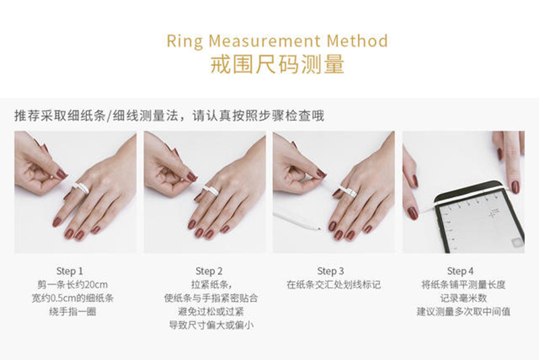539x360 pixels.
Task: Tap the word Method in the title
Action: pyautogui.click(x=357, y=41)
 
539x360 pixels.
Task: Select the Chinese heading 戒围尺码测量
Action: pyautogui.click(x=277, y=64)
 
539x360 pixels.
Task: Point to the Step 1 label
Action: pyautogui.click(x=70, y=271)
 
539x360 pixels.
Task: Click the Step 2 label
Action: pyautogui.click(x=209, y=271)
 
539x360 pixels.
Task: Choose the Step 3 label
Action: pyautogui.click(x=330, y=271)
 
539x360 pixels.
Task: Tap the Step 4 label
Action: pyautogui.click(x=460, y=271)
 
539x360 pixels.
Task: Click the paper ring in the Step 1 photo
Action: pyautogui.click(x=81, y=187)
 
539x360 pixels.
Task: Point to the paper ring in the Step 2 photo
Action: pyautogui.click(x=212, y=190)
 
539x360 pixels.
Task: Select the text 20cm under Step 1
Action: pyautogui.click(x=96, y=285)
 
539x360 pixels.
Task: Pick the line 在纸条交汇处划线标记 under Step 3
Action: pyautogui.click(x=334, y=285)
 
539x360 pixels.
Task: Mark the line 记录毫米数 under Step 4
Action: pyautogui.click(x=464, y=299)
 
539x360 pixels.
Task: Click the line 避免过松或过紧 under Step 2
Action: pyautogui.click(x=211, y=312)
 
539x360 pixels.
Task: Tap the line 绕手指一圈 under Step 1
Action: pyautogui.click(x=73, y=312)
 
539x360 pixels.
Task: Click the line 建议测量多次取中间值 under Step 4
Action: pyautogui.click(x=464, y=312)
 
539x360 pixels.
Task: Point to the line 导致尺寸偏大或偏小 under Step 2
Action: pyautogui.click(x=211, y=325)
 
